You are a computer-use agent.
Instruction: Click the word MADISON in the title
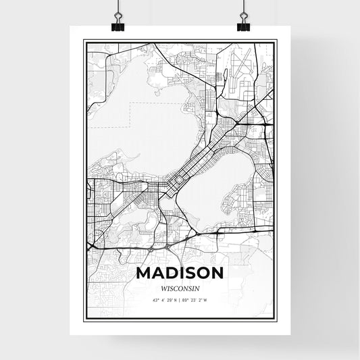click(x=180, y=273)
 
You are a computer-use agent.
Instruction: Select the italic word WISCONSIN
click(x=180, y=286)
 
